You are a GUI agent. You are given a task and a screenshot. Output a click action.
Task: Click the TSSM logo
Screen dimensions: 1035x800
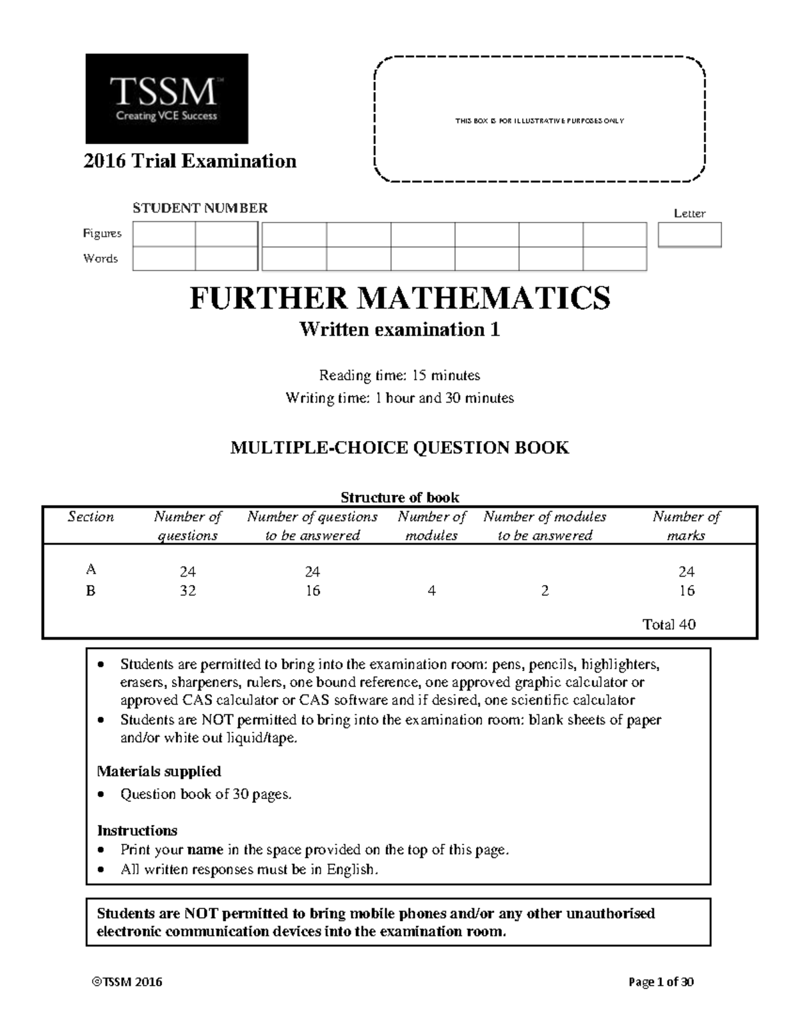pos(167,99)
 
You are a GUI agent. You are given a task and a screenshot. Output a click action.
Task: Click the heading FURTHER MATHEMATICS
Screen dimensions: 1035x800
pos(400,298)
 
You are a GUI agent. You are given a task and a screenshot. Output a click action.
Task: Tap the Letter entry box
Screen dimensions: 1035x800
pos(689,235)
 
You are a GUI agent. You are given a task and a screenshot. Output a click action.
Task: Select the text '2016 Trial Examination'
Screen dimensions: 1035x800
pos(190,161)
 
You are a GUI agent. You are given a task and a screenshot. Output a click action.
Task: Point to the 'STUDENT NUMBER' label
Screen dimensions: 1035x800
pos(200,208)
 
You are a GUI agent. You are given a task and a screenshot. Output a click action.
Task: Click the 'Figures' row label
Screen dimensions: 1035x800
pos(102,233)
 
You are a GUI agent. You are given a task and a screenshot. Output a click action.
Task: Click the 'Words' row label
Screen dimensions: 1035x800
pos(101,259)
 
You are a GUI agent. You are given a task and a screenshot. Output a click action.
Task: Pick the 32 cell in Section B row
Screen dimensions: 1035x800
pos(187,590)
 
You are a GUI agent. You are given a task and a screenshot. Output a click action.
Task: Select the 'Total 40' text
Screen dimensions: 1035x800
pos(669,624)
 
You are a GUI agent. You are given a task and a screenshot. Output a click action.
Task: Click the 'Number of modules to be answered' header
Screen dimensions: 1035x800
pos(545,526)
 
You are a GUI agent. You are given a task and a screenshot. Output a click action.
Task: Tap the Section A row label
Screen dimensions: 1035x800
pos(91,570)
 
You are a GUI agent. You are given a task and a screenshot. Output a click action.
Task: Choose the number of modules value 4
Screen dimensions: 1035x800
pos(431,590)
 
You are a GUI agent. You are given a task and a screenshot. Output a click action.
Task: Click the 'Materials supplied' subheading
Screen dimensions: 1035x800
pos(159,771)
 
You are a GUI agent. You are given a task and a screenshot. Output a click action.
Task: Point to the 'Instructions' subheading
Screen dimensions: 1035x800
pos(137,830)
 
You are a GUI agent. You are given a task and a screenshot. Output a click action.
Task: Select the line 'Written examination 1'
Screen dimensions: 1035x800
pos(399,330)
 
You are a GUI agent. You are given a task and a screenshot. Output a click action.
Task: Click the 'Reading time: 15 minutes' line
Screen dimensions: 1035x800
pos(399,375)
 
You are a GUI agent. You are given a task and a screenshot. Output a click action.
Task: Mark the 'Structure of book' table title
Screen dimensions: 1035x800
pos(399,497)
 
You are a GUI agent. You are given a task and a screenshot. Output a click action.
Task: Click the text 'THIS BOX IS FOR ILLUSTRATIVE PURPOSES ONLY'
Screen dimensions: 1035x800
pos(539,121)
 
